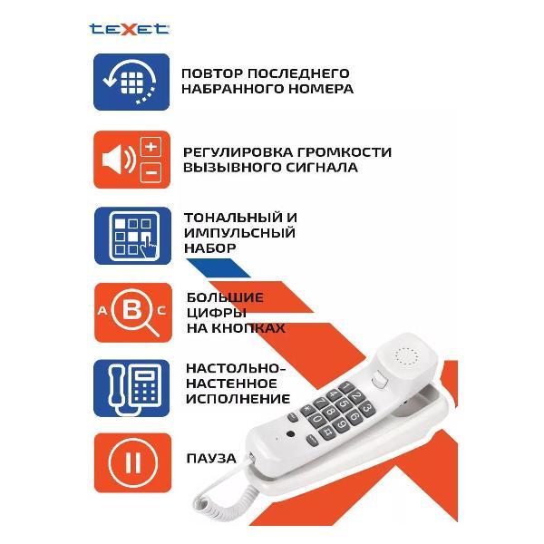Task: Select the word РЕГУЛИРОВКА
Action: point(238,151)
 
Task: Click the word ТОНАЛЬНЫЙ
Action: point(228,218)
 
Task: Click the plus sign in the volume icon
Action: point(151,147)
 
